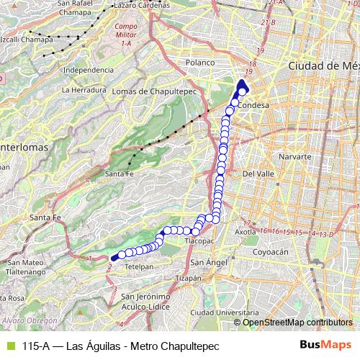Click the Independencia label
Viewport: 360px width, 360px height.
[89, 70]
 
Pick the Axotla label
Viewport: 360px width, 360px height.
[246, 232]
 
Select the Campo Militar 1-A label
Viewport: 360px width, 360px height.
[126, 35]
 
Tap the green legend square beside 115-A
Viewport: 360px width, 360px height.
[9, 345]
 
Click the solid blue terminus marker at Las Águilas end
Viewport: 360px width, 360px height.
[114, 257]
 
